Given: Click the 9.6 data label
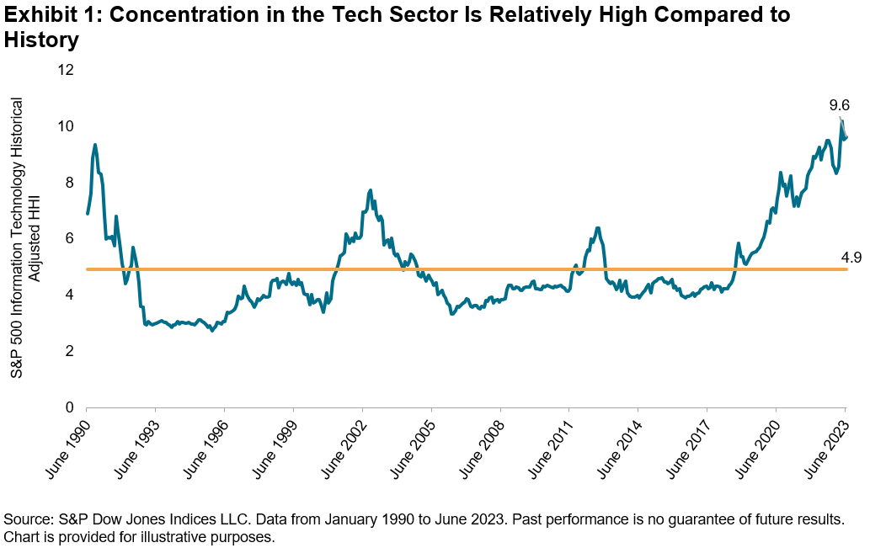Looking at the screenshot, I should click(839, 106).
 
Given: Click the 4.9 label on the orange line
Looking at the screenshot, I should click(851, 258).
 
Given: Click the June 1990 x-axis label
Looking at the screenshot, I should click(66, 445).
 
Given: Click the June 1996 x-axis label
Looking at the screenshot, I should click(205, 445).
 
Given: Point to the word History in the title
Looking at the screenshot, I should click(41, 40).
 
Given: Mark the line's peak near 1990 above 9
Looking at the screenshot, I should click(95, 145).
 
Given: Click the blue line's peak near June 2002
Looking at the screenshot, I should click(371, 191).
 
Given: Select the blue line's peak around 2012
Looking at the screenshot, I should click(597, 228).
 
